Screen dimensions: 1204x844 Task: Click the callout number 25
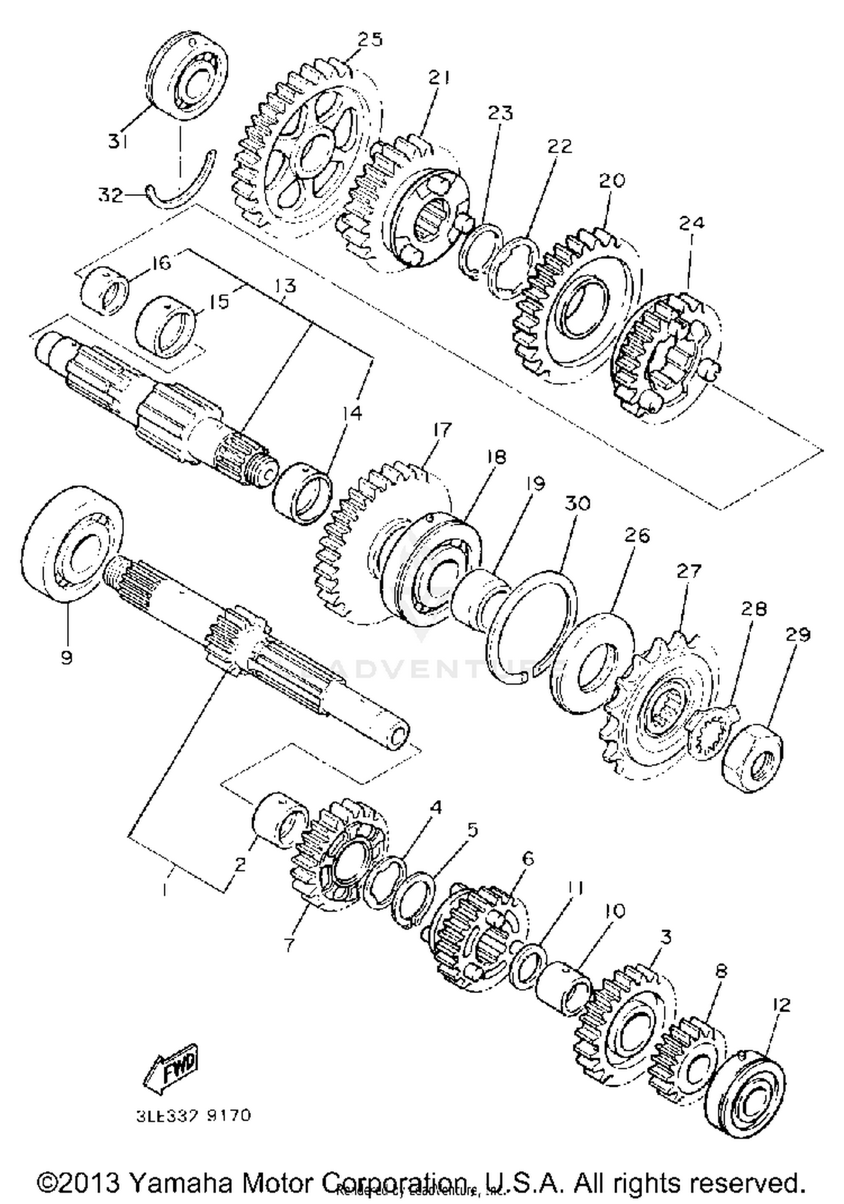pyautogui.click(x=370, y=39)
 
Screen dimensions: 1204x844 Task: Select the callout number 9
pyautogui.click(x=67, y=657)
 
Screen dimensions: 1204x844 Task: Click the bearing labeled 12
pyautogui.click(x=746, y=1098)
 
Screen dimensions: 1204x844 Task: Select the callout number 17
pyautogui.click(x=442, y=430)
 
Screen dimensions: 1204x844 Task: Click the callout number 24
pyautogui.click(x=691, y=223)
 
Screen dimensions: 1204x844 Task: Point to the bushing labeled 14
pyautogui.click(x=302, y=493)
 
